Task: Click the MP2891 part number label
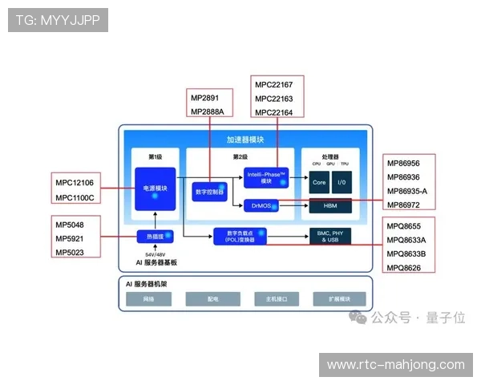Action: [204, 98]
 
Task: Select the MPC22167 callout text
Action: [273, 84]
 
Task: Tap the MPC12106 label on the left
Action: [74, 182]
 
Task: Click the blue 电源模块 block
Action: [155, 188]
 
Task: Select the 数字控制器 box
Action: [209, 192]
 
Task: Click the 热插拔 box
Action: [155, 237]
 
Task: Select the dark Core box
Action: [318, 183]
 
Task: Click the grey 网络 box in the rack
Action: [148, 299]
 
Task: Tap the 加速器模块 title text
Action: [245, 140]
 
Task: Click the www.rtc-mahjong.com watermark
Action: [395, 365]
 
